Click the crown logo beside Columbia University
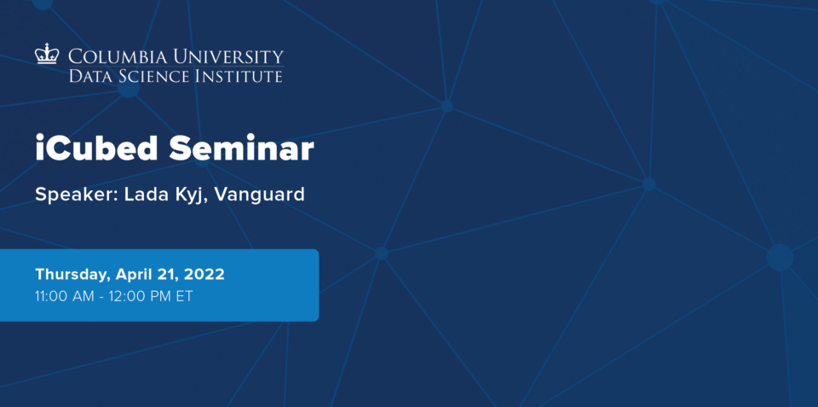click(47, 54)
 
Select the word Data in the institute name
click(88, 76)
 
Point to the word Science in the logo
click(152, 76)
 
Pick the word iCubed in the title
click(96, 148)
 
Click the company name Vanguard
click(259, 195)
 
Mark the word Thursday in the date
click(72, 275)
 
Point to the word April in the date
click(133, 276)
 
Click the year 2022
click(205, 274)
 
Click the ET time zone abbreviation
click(184, 297)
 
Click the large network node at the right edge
click(780, 258)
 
